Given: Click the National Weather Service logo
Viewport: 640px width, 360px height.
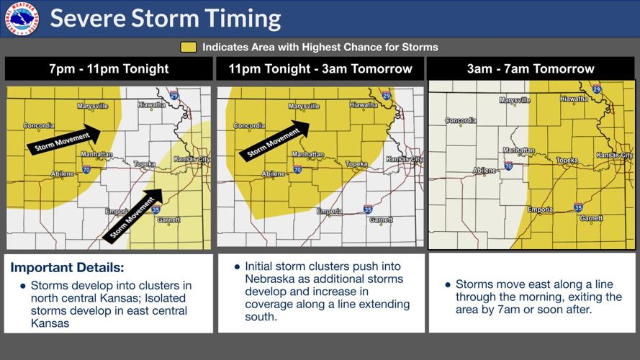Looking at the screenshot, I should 23,18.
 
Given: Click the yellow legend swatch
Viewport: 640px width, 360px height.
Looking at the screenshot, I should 188,48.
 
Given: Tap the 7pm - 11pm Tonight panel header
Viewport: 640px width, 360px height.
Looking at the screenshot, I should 109,69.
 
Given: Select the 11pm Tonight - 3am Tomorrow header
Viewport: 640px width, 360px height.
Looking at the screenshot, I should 320,69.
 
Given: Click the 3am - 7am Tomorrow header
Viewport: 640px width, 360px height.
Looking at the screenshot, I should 531,69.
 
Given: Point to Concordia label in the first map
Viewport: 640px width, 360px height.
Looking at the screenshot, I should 39,126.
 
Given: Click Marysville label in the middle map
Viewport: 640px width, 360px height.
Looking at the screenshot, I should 304,107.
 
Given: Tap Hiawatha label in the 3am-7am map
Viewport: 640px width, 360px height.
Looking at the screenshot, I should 574,99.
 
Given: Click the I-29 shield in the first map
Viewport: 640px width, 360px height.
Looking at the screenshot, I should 175,95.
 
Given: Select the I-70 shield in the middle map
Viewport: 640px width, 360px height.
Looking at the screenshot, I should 297,170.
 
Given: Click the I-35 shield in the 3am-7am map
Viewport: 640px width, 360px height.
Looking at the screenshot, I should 578,207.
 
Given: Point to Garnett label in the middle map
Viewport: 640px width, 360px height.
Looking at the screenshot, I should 381,220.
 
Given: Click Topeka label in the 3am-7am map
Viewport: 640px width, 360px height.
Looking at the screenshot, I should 567,161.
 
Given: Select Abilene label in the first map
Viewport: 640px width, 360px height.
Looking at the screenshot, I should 62,174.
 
